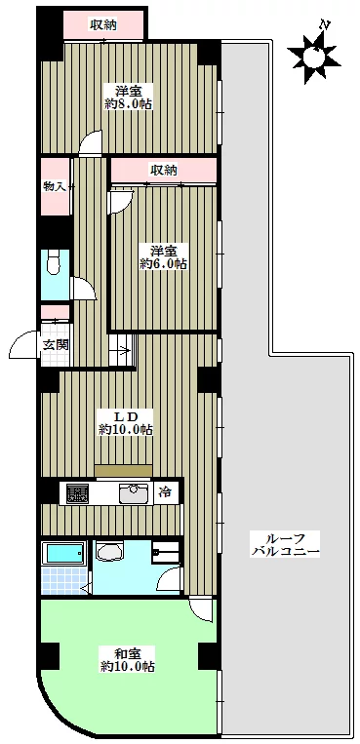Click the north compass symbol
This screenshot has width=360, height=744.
(x=313, y=56)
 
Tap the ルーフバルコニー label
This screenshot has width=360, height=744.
(x=286, y=545)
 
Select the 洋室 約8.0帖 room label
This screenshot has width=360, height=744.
(x=128, y=97)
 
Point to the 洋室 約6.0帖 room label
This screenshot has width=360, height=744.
(x=163, y=256)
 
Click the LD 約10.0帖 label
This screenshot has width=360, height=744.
(x=126, y=423)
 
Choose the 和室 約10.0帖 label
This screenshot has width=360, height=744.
(x=127, y=659)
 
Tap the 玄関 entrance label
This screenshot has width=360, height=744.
(x=56, y=345)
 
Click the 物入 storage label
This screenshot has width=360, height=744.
(x=55, y=186)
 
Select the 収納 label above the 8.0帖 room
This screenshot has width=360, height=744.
(x=104, y=24)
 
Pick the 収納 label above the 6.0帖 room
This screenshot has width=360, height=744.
(x=164, y=170)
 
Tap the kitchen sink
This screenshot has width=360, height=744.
(x=133, y=494)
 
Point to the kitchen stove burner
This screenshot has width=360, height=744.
(x=77, y=493)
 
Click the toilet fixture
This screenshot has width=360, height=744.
(x=53, y=262)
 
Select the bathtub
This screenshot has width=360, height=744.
(x=63, y=553)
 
